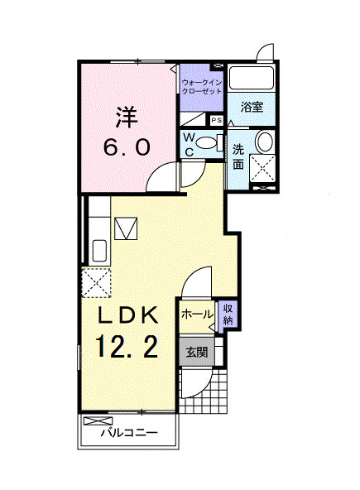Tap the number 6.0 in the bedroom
click(x=127, y=147)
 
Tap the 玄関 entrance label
click(x=197, y=352)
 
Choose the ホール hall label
click(x=197, y=315)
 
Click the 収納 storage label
click(x=228, y=315)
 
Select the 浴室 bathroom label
click(x=252, y=107)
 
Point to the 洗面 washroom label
click(x=238, y=157)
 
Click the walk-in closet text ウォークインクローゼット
click(x=201, y=88)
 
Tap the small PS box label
click(x=217, y=121)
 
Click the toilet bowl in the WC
click(x=208, y=143)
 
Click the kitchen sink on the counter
click(x=97, y=248)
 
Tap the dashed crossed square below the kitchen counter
click(x=97, y=281)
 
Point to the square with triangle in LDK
click(x=127, y=227)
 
